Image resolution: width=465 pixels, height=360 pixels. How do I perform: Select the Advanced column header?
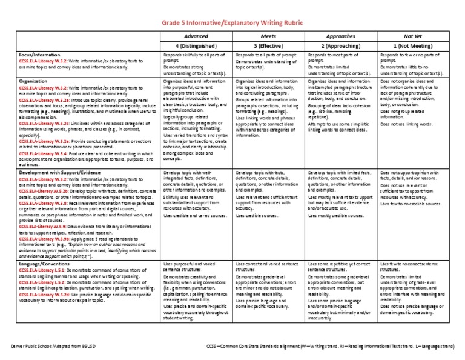click(x=196, y=36)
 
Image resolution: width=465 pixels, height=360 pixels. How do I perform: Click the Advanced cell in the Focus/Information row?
click(x=196, y=64)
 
